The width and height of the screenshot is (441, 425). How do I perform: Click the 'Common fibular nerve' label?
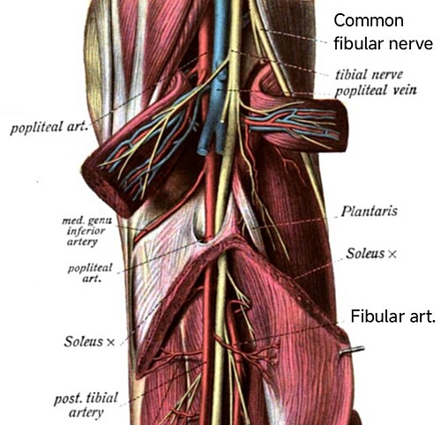coord(383,32)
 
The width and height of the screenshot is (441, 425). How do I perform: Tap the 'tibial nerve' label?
coord(369,74)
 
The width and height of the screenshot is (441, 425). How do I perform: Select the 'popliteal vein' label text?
coord(376,90)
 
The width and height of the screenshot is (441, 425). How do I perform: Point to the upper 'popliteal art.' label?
coord(49,127)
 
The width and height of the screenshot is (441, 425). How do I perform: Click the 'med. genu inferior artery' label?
coord(87,231)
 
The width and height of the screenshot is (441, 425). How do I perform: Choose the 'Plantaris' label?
coord(369,211)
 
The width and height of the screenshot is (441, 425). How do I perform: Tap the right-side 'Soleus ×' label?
coord(371,253)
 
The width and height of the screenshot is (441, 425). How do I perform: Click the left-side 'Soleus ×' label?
coord(89,341)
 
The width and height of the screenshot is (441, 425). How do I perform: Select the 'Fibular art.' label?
coord(392,317)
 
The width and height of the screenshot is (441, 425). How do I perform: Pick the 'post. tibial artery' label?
coord(86,405)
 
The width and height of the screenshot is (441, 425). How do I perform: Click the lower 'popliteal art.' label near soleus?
coord(90,273)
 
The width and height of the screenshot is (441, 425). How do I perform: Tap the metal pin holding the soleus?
coord(352,350)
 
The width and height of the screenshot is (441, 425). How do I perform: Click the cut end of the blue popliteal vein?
coord(202,152)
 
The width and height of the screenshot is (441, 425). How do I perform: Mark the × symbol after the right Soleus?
coord(392,254)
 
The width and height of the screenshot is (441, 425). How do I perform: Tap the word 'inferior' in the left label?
coord(86,231)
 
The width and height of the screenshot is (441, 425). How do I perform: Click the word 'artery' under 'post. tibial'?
coord(86,412)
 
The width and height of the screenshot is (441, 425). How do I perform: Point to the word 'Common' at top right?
coord(369,20)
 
